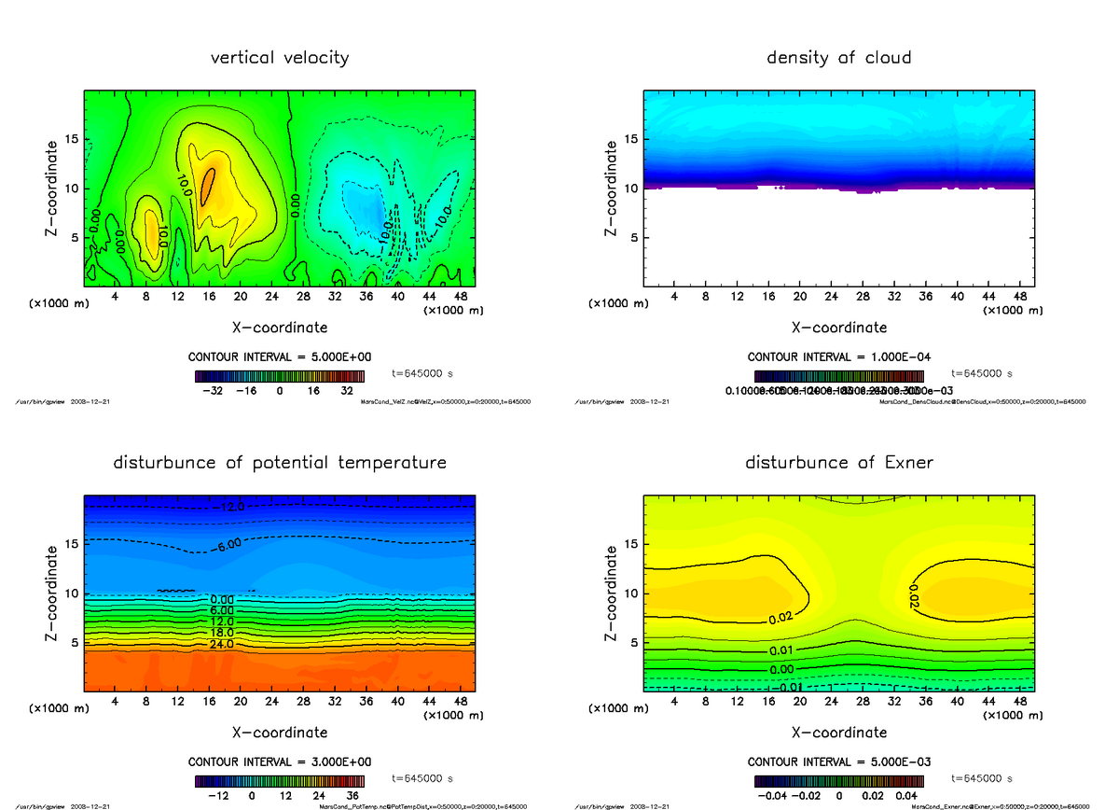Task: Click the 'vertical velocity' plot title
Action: pyautogui.click(x=280, y=58)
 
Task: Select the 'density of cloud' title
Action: pyautogui.click(x=838, y=58)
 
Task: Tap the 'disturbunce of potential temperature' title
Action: pyautogui.click(x=280, y=463)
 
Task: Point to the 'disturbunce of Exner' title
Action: pyautogui.click(x=838, y=463)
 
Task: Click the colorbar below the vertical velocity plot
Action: pyautogui.click(x=279, y=376)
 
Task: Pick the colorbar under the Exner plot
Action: pyautogui.click(x=838, y=781)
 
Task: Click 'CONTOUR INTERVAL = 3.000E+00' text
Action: pyautogui.click(x=280, y=761)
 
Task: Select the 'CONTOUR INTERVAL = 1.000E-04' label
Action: pyautogui.click(x=839, y=356)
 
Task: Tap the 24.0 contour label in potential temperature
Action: pyautogui.click(x=222, y=644)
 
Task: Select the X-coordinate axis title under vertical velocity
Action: pyautogui.click(x=280, y=328)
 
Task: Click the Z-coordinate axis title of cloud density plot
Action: pyautogui.click(x=612, y=189)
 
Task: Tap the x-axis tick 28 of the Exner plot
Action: pyautogui.click(x=863, y=700)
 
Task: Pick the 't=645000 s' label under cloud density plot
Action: pyautogui.click(x=982, y=373)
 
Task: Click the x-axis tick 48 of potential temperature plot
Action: pyautogui.click(x=460, y=700)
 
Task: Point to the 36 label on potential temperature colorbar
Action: pyautogui.click(x=353, y=796)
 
